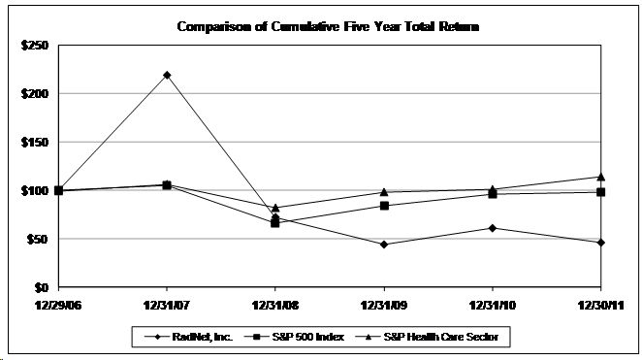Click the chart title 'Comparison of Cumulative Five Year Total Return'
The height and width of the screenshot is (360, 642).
[x=328, y=26]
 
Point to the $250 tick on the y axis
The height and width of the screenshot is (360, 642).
[x=38, y=46]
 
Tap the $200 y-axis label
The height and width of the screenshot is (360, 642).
[x=38, y=94]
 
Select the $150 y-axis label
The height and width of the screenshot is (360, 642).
[x=38, y=143]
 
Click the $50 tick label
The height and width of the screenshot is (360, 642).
[x=41, y=240]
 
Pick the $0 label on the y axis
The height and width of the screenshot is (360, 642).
[x=45, y=288]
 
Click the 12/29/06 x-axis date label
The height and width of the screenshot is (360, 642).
[x=59, y=304]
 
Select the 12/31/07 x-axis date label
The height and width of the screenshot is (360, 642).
[x=167, y=304]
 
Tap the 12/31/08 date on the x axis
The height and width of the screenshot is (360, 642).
[x=275, y=304]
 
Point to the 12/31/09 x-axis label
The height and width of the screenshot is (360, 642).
[x=384, y=304]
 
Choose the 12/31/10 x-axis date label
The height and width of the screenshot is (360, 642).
[x=493, y=304]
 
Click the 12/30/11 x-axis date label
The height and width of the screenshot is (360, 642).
[x=600, y=304]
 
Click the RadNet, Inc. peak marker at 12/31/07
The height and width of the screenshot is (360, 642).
[x=167, y=75]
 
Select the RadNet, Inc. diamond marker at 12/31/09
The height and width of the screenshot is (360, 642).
[x=384, y=245]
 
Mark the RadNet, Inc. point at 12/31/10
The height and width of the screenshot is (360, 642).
[x=493, y=228]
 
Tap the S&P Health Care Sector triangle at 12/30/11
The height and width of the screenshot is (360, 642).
[x=600, y=177]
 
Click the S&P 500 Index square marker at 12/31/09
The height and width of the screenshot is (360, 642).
[x=384, y=206]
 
